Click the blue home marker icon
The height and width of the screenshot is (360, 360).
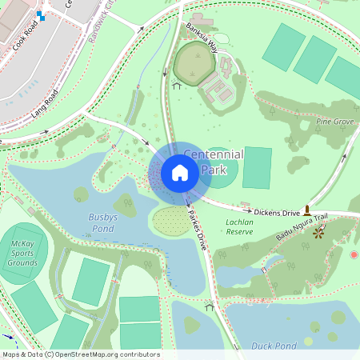[180, 172]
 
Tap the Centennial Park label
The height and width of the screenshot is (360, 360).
[214, 162]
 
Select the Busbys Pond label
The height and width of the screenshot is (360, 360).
[103, 222]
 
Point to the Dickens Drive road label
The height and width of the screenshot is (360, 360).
[277, 213]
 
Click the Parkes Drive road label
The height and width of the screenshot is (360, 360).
[197, 230]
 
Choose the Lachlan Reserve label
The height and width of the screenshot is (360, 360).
[239, 226]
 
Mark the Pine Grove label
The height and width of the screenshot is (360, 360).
[334, 122]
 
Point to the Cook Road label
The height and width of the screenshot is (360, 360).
[26, 36]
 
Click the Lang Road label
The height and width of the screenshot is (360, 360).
[46, 105]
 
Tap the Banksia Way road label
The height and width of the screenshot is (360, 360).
[202, 37]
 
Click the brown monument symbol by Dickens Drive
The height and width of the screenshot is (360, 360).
[306, 210]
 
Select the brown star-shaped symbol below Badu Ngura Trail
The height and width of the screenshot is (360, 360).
[319, 233]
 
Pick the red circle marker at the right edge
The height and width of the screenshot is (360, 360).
[354, 254]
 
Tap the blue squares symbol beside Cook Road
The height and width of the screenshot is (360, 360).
[41, 14]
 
